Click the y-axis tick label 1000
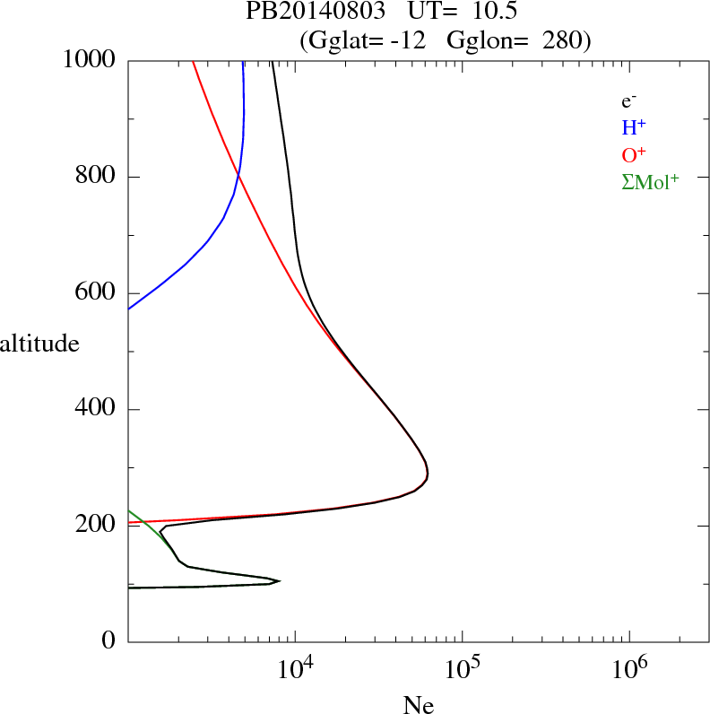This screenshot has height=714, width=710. [x=90, y=60]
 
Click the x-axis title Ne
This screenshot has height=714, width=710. [x=420, y=704]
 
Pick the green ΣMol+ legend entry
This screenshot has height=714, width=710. [x=650, y=181]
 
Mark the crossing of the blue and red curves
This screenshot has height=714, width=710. [x=238, y=175]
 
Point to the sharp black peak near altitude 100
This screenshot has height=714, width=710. [x=280, y=581]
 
